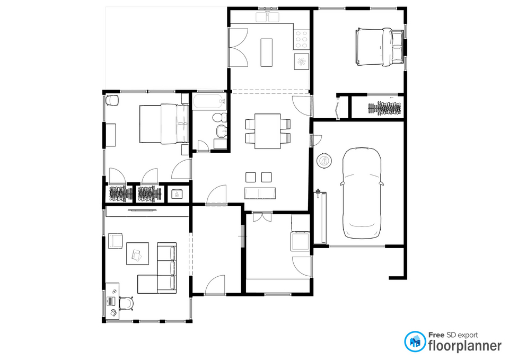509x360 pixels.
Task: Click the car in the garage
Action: coord(362,193)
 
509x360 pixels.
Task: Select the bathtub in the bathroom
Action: coord(209,101)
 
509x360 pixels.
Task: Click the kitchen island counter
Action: coord(267,52)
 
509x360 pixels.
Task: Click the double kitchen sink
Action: coord(267,17)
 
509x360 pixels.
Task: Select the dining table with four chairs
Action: coord(267,131)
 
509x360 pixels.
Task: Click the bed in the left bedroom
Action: coord(164,124)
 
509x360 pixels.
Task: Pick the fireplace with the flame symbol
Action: coord(177,194)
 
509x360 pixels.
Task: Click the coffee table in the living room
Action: coord(137,253)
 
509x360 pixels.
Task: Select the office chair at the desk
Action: coord(126,303)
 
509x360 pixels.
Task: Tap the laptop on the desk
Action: coord(111,301)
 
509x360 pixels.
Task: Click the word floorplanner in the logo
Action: coord(465,346)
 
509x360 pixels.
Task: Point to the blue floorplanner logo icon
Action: coord(415,341)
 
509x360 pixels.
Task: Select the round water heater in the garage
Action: coord(324,161)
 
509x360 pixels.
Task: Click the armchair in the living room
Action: coord(115,241)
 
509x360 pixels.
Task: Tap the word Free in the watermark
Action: coord(436,335)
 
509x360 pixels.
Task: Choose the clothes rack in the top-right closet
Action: coord(385,108)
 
